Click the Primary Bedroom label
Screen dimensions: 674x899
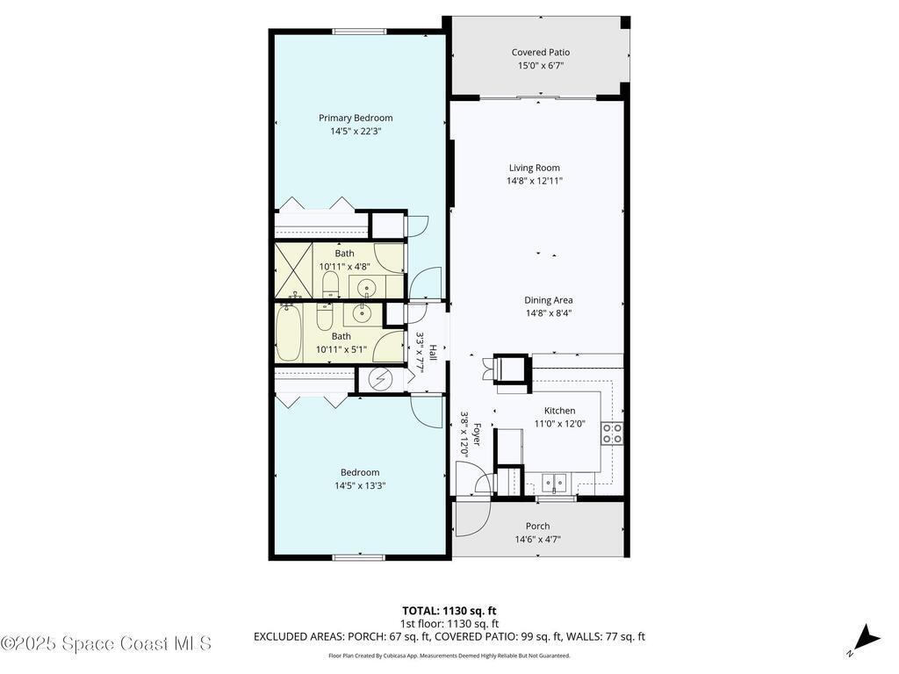pyautogui.click(x=356, y=118)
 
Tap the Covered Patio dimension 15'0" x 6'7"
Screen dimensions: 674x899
pyautogui.click(x=541, y=65)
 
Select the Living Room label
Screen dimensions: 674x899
pyautogui.click(x=534, y=168)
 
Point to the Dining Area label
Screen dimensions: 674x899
pyautogui.click(x=549, y=299)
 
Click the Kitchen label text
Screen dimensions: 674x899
pyautogui.click(x=559, y=411)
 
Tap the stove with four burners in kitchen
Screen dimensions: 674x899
pyautogui.click(x=612, y=432)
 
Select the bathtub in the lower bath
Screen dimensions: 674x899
pyautogui.click(x=289, y=333)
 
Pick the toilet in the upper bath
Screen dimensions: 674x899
pyautogui.click(x=331, y=283)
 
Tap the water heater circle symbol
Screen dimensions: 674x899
pyautogui.click(x=380, y=379)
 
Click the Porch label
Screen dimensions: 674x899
pyautogui.click(x=537, y=527)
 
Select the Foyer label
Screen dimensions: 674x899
pyautogui.click(x=477, y=434)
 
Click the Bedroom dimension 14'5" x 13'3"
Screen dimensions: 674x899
pyautogui.click(x=360, y=485)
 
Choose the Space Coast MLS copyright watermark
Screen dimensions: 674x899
pyautogui.click(x=106, y=643)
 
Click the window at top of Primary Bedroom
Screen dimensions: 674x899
pyautogui.click(x=358, y=32)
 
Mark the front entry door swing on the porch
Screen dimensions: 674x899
pyautogui.click(x=472, y=518)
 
